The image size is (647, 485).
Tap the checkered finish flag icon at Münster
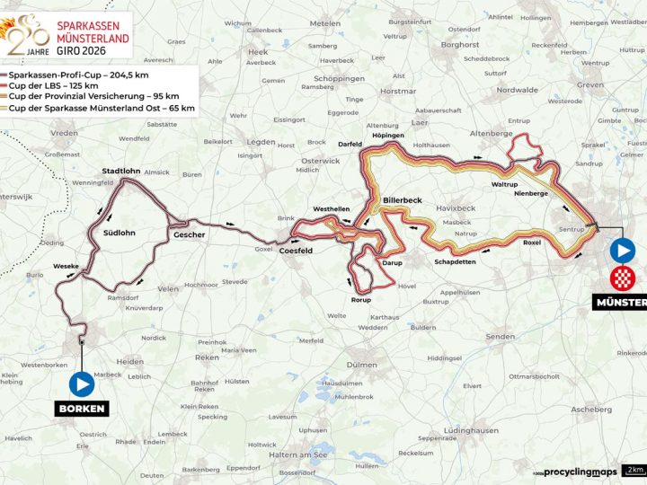[621, 278]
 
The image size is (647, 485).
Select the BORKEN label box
[82, 410]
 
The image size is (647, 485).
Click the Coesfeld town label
[296, 251]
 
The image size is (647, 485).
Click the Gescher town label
[190, 235]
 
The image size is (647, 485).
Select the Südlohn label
[119, 233]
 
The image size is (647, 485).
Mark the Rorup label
[361, 300]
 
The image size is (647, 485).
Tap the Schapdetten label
[453, 263]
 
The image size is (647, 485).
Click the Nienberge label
[531, 193]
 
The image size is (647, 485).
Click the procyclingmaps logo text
[581, 472]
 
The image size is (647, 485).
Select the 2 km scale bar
[634, 470]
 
